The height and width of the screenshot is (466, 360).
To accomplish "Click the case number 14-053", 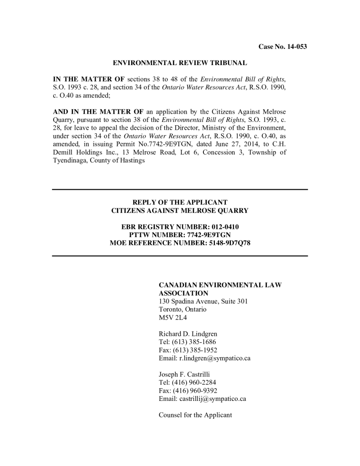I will coord(294,47).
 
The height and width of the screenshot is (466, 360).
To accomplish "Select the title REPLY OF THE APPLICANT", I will coord(180,202).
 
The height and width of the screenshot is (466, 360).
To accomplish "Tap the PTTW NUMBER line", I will coord(180,235).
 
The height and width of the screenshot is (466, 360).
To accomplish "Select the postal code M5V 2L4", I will coord(170,317).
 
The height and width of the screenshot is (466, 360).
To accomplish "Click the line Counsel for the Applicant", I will coord(195,415).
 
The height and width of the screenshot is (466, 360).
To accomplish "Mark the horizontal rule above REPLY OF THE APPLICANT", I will coord(180,189).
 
